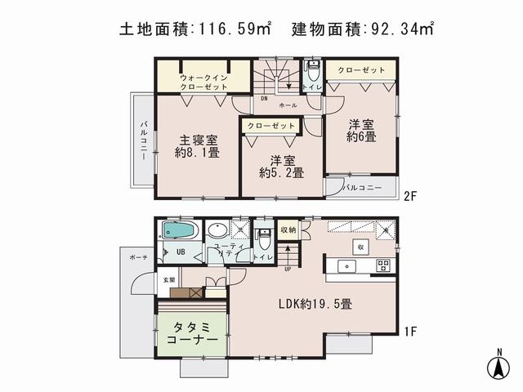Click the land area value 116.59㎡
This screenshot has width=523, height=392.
point(233,30)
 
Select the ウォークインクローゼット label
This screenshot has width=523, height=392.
point(203,82)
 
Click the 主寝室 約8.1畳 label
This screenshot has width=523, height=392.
point(197,145)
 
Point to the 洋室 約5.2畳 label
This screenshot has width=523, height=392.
point(281,166)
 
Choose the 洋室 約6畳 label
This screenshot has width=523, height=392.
point(360,131)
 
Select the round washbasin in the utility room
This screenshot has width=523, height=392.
point(219,229)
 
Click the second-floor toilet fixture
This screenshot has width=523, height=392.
point(313,68)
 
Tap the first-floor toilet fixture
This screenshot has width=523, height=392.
point(263,238)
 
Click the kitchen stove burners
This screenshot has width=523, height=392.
point(383,266)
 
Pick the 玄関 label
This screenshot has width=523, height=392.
point(168,280)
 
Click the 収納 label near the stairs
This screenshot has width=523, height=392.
point(287,229)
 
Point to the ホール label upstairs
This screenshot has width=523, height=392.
point(288,106)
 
